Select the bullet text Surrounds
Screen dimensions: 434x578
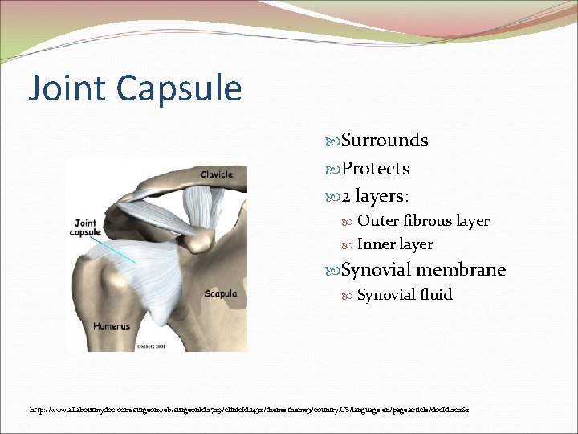tap(385, 141)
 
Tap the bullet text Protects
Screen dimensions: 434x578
tap(375, 169)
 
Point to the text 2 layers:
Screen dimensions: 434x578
tap(375, 197)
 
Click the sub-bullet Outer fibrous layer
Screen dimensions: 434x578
tap(423, 221)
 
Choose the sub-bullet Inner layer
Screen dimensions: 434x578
tap(395, 244)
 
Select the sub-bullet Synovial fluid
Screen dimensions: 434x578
tap(405, 295)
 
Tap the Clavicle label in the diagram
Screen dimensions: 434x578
tap(216, 174)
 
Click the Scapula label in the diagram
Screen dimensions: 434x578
tap(220, 294)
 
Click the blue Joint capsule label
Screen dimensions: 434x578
tap(87, 228)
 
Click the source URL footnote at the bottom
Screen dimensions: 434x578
tap(249, 410)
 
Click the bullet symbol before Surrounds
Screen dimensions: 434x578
tap(334, 141)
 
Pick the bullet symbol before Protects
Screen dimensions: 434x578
tap(334, 170)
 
